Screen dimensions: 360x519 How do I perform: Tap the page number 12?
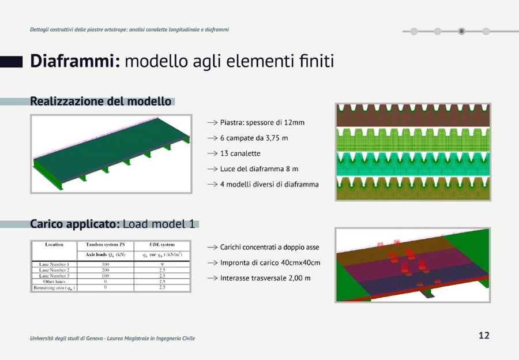pyautogui.click(x=484, y=335)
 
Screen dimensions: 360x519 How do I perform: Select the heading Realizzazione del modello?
pyautogui.click(x=100, y=102)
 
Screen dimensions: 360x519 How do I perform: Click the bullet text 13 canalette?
pyautogui.click(x=240, y=153)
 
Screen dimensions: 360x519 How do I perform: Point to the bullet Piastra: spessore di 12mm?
pyautogui.click(x=262, y=122)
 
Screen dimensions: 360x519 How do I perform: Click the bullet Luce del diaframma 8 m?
pyautogui.click(x=259, y=169)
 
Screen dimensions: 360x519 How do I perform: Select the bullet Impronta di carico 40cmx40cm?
pyautogui.click(x=270, y=262)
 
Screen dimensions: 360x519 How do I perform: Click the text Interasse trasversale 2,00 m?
pyautogui.click(x=265, y=278)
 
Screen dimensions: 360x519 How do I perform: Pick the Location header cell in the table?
pyautogui.click(x=54, y=245)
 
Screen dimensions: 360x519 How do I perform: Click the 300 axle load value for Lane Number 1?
pyautogui.click(x=105, y=264)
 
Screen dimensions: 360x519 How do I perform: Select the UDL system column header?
pyautogui.click(x=161, y=245)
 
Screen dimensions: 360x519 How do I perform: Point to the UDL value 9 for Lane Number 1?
pyautogui.click(x=162, y=264)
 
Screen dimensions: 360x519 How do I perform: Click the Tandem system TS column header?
pyautogui.click(x=105, y=245)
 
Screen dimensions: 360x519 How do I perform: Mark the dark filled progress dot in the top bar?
pyautogui.click(x=461, y=31)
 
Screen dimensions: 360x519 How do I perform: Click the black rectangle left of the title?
pyautogui.click(x=11, y=62)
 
